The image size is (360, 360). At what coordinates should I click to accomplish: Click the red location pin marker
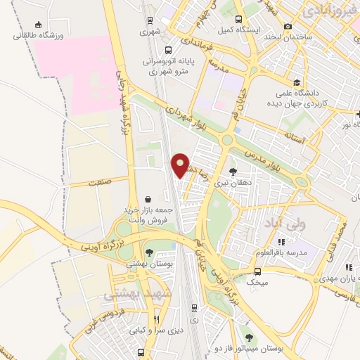point(180,165)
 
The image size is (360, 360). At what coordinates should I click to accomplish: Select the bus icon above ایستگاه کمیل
point(239,19)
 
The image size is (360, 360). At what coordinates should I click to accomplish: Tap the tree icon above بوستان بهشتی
point(148,252)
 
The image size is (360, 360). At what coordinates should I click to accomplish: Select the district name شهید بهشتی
point(134,294)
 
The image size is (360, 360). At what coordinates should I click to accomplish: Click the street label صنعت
point(100,181)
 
